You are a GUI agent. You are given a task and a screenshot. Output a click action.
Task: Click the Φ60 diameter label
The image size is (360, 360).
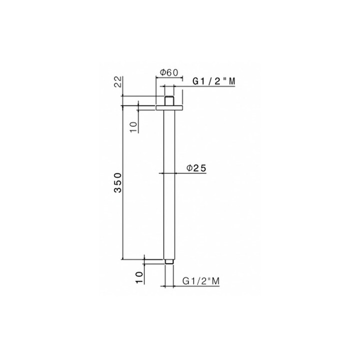pyautogui.click(x=169, y=72)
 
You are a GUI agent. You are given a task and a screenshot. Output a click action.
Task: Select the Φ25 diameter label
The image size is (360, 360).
pyautogui.click(x=196, y=168)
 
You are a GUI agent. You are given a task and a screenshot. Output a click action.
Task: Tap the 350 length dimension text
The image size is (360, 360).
pyautogui.click(x=118, y=183)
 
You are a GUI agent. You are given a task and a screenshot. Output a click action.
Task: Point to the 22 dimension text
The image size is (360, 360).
pyautogui.click(x=118, y=81)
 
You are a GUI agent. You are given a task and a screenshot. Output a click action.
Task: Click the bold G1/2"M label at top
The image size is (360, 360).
pyautogui.click(x=214, y=81)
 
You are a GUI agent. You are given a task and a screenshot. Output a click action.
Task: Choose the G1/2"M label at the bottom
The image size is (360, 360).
pyautogui.click(x=201, y=281)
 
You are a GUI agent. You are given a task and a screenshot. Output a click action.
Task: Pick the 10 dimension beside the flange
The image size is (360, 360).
pyautogui.click(x=133, y=127)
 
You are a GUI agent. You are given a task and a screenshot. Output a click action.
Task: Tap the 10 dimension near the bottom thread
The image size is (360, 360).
pyautogui.click(x=139, y=277)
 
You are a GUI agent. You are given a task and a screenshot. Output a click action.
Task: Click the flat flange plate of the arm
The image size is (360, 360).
pyautogui.click(x=169, y=107)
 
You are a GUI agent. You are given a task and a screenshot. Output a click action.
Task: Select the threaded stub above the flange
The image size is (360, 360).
pyautogui.click(x=169, y=101)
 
